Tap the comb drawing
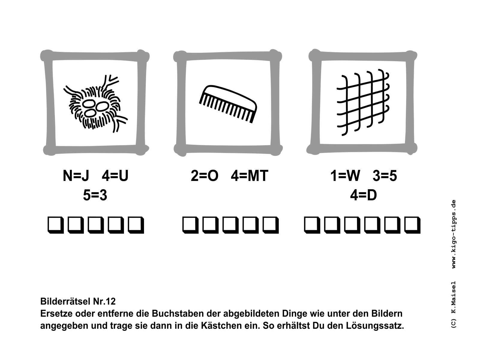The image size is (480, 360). [228, 104]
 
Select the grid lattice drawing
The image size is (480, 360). [363, 102]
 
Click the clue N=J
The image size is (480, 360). [76, 175]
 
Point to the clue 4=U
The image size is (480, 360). [115, 175]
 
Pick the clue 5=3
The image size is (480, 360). [95, 195]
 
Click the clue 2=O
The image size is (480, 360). [205, 175]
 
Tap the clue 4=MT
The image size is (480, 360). [250, 175]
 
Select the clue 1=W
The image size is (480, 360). [345, 175]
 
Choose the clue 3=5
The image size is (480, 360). [385, 175]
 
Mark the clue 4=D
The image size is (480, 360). [363, 195]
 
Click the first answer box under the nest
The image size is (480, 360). [56, 225]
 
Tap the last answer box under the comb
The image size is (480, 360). [271, 225]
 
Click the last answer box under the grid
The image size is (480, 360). [412, 225]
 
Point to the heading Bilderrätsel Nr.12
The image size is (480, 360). [78, 301]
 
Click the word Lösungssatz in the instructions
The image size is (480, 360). [375, 326]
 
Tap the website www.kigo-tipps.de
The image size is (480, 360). [454, 234]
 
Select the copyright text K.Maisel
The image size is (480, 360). [454, 298]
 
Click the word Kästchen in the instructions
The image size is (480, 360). [221, 326]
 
